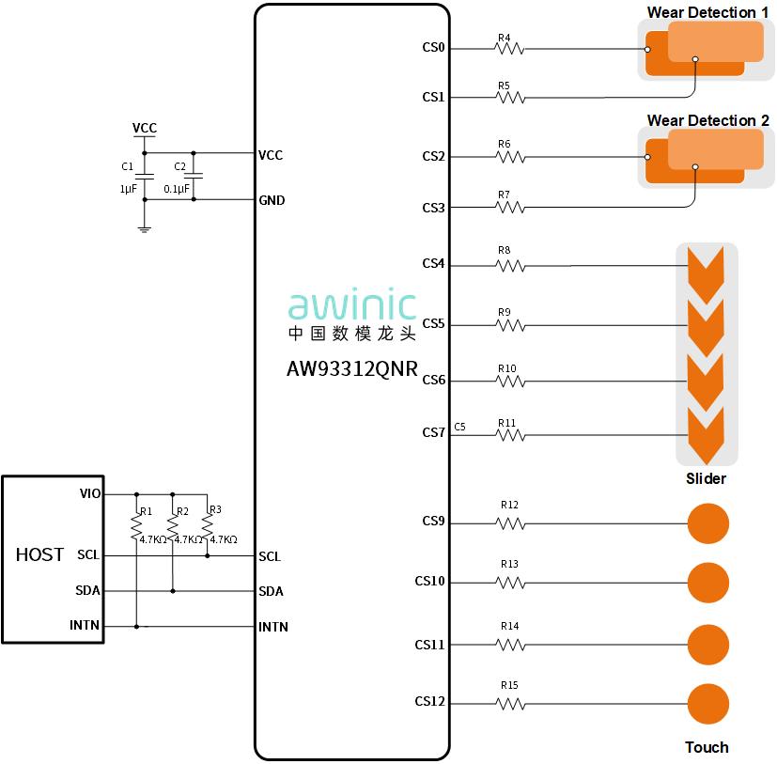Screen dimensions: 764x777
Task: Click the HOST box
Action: coord(52,559)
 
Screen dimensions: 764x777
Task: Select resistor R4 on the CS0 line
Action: coord(510,48)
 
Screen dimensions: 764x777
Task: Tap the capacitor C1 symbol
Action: coord(144,176)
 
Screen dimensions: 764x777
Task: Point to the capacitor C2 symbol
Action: coord(194,176)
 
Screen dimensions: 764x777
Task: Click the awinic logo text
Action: coord(351,306)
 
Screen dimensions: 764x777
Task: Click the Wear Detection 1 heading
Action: coord(707,12)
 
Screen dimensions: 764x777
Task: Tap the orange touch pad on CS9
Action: coord(708,522)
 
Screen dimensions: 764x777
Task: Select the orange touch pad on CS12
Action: coord(708,704)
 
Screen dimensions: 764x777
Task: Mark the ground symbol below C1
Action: coord(144,227)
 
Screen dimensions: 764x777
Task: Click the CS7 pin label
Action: coord(433,433)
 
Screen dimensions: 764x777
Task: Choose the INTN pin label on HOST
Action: coord(85,626)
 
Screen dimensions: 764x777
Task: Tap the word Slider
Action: coord(706,478)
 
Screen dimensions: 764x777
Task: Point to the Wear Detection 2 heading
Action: coord(707,120)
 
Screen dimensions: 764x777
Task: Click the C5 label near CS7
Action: coord(459,427)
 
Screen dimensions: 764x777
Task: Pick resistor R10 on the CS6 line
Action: coord(510,381)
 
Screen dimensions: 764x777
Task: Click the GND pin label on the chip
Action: coord(272,200)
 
